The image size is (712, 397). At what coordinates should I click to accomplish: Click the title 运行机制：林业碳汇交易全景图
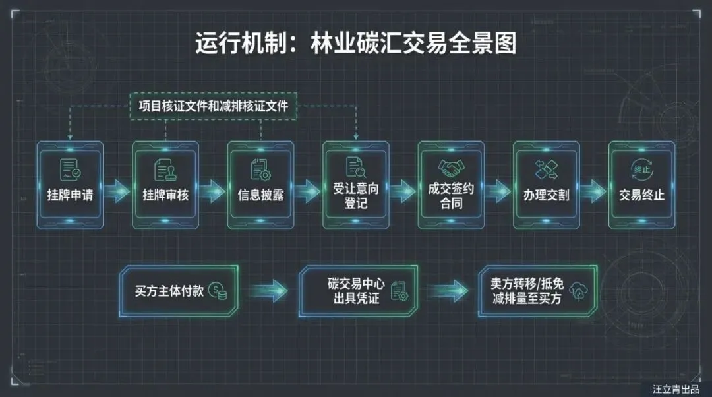click(355, 44)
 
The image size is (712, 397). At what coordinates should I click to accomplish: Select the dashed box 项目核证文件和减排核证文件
click(214, 106)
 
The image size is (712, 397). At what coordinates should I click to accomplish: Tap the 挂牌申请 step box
click(70, 185)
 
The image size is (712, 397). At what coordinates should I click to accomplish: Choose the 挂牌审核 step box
click(165, 185)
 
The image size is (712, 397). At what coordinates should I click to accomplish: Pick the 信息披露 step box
click(260, 185)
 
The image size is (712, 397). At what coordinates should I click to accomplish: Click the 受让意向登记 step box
click(355, 185)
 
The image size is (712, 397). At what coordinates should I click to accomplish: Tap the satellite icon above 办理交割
click(546, 169)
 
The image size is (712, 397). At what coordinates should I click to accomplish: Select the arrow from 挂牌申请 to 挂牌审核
click(117, 192)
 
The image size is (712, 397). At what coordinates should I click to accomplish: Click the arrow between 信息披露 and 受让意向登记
click(308, 192)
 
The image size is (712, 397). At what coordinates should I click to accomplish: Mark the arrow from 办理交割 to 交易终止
click(593, 192)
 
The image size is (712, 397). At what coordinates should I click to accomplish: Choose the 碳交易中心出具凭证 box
click(361, 291)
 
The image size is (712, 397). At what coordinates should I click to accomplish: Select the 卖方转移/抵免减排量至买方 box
click(537, 291)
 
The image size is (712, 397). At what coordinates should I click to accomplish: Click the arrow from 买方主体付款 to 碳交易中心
click(270, 291)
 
